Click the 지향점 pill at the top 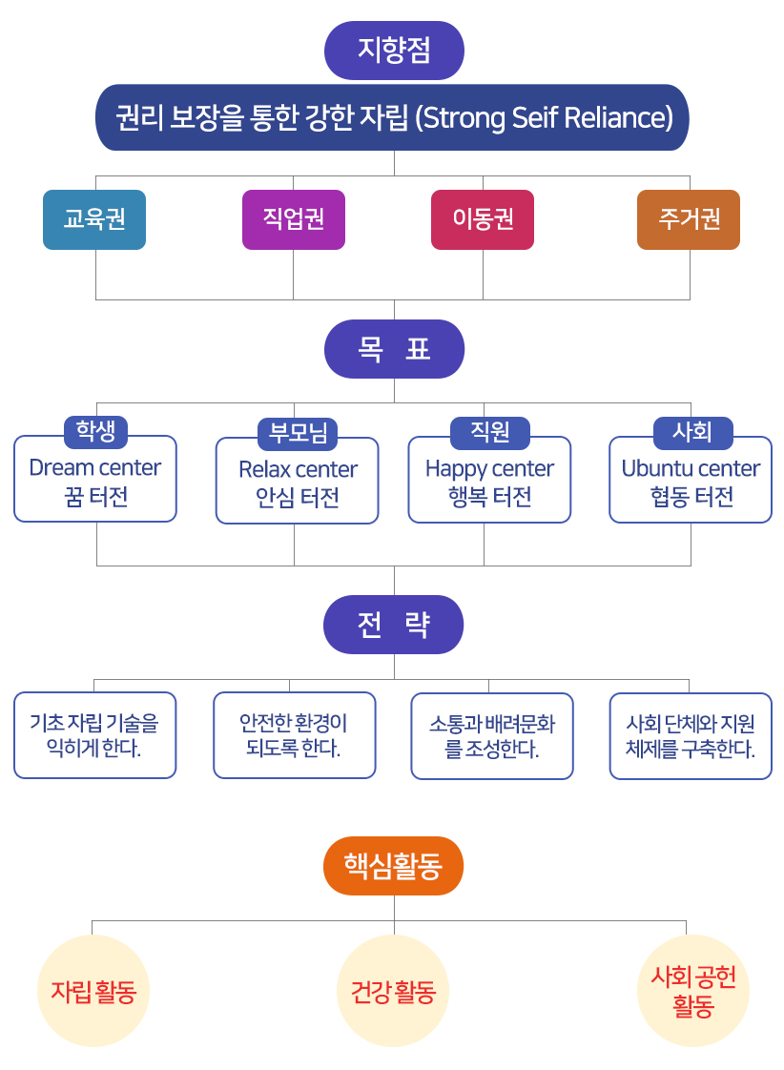click(394, 51)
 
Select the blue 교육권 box click(94, 219)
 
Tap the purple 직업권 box click(294, 219)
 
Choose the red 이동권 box click(483, 219)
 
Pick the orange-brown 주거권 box click(689, 219)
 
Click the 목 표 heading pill click(394, 349)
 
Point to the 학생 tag click(95, 432)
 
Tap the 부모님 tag click(298, 434)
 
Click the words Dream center click(94, 467)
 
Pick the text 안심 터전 click(298, 498)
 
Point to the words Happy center click(489, 469)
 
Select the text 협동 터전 click(691, 497)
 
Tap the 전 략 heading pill click(393, 625)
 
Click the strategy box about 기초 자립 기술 click(94, 735)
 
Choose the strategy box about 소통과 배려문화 click(492, 735)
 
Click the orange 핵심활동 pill click(393, 865)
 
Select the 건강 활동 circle click(393, 991)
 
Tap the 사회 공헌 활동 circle click(692, 991)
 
